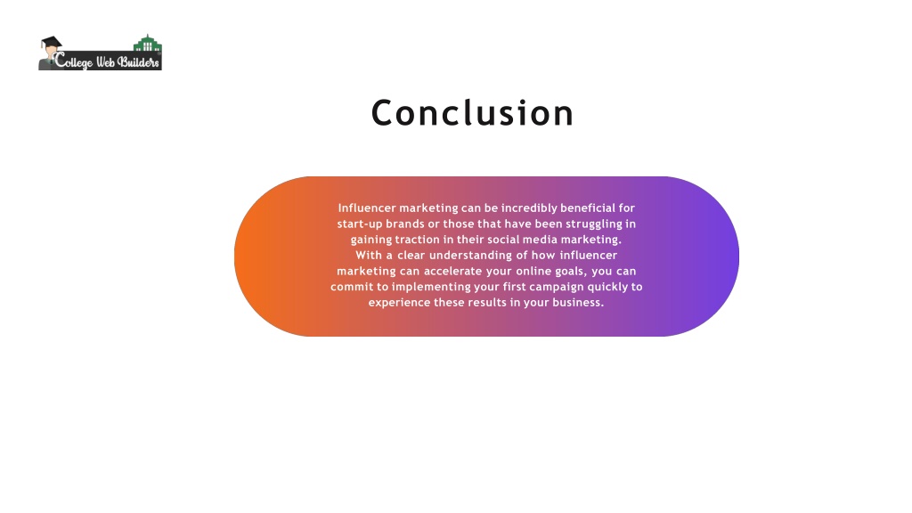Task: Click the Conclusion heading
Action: click(472, 113)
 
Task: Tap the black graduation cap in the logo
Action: click(51, 44)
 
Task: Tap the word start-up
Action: click(359, 224)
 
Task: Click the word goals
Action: click(563, 272)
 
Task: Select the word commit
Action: click(351, 287)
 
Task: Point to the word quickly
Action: click(607, 287)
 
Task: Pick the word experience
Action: click(398, 303)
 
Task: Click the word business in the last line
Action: click(577, 303)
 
